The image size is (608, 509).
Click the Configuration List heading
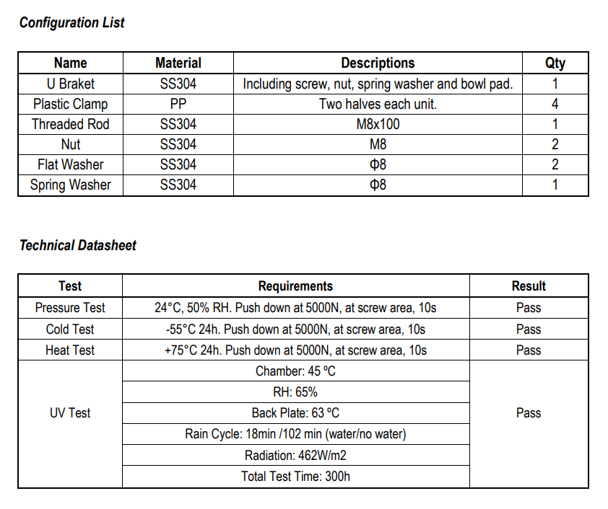71,22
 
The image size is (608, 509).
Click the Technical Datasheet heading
77,245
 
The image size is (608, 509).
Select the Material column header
178,63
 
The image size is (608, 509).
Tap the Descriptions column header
378,63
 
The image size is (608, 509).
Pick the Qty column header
555,63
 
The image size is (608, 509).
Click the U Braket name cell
71,84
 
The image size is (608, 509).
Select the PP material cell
178,104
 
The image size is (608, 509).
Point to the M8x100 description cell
378,124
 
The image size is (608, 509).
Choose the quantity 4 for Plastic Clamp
555,104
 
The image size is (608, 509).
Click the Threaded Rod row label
71,124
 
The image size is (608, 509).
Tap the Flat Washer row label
71,164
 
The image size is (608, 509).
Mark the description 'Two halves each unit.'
378,104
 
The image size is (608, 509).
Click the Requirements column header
295,286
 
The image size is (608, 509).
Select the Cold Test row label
70,329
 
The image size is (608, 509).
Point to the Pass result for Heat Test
529,350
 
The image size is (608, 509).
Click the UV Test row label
70,413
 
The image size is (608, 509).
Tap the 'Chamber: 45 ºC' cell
295,371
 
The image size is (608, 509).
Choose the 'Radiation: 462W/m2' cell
295,456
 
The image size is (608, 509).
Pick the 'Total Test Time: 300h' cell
295,477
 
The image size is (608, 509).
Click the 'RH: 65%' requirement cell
295,392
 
